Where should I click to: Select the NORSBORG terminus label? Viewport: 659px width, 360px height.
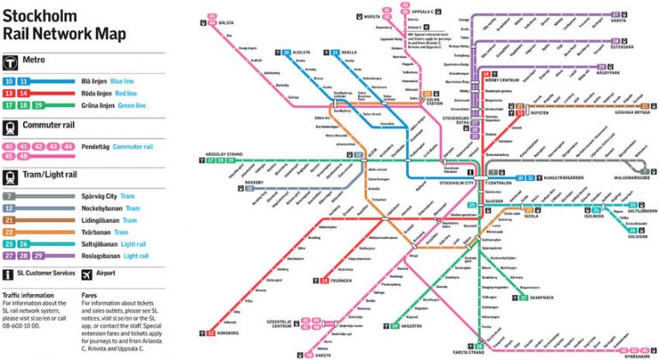[231, 333]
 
